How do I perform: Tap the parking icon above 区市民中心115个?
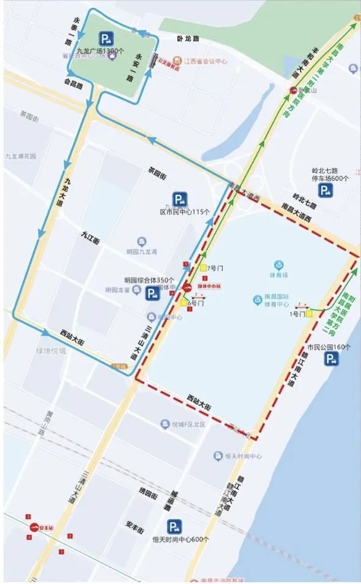click(x=179, y=199)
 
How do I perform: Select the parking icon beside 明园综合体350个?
click(x=152, y=294)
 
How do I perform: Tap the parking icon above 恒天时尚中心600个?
click(x=176, y=526)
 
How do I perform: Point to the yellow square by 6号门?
click(x=184, y=301)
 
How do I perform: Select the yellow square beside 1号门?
click(x=310, y=313)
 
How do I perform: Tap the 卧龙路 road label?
click(x=188, y=39)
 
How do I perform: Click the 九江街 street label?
click(x=89, y=234)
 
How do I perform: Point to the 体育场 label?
click(x=281, y=265)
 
